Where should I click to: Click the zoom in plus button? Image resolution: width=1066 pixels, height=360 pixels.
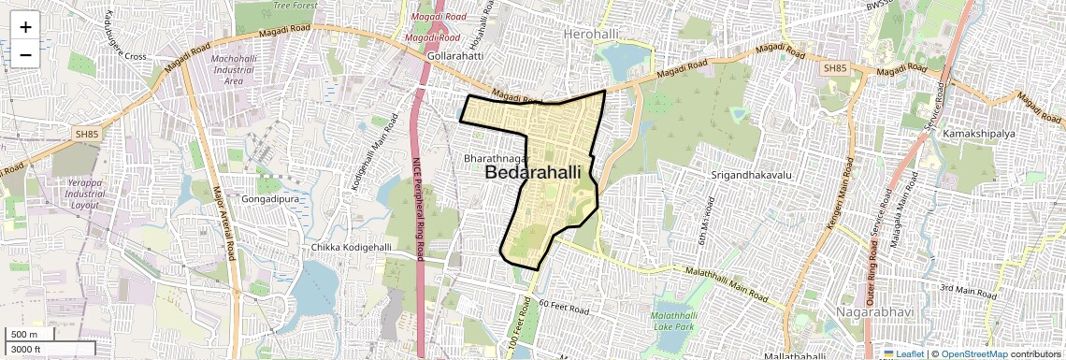click(25, 27)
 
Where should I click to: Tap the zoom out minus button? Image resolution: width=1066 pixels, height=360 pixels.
click(25, 55)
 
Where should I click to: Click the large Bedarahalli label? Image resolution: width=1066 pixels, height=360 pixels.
click(532, 173)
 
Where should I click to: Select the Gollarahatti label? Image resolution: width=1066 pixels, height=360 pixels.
click(454, 56)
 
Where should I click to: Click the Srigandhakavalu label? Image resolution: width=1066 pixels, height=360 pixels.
click(751, 175)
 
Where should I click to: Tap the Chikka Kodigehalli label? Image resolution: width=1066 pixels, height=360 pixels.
click(352, 247)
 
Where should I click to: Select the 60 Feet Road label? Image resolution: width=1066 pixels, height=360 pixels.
click(564, 307)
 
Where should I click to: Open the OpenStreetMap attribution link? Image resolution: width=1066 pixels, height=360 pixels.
click(973, 354)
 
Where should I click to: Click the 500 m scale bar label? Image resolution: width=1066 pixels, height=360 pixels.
click(25, 335)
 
